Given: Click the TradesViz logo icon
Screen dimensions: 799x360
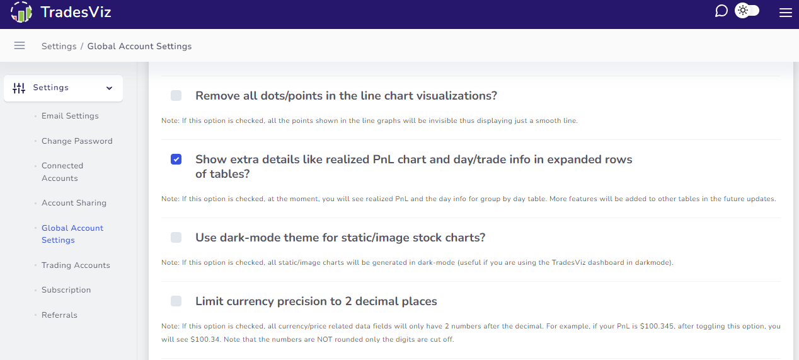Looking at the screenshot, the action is point(21,12).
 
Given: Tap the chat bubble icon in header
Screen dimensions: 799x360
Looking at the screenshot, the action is point(721,11).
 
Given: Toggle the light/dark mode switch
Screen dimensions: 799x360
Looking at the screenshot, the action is point(747,11).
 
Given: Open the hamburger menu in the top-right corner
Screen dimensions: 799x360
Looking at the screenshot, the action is point(785,13).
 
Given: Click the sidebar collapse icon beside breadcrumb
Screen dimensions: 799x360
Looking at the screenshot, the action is point(20,45).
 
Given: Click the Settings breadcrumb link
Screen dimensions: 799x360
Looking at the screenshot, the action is point(59,47).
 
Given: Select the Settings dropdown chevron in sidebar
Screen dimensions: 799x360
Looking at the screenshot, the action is point(109,88).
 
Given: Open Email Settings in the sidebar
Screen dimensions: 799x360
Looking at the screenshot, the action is point(70,116).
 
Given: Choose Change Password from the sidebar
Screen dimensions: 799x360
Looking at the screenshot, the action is point(77,141).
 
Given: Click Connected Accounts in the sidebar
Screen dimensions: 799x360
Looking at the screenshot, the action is point(62,172).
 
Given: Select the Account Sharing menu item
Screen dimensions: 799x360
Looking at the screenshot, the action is point(74,203).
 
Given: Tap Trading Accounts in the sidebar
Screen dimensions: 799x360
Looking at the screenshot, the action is point(76,265).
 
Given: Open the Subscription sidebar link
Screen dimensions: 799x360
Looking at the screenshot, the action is point(66,290).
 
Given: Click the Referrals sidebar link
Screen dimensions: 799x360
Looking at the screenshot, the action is point(59,315).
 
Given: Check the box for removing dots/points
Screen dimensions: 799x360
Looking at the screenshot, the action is point(176,96).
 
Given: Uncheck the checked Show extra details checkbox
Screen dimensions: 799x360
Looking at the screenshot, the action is point(176,159).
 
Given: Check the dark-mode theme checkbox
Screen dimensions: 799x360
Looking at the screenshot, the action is point(176,237).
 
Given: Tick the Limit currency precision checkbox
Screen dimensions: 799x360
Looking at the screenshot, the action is point(176,301).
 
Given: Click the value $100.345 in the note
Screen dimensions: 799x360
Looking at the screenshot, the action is point(657,327).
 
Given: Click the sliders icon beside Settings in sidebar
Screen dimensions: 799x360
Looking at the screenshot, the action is point(19,88).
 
